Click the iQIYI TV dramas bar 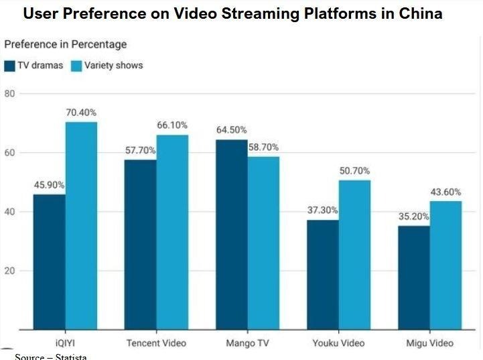49,261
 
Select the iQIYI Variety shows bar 81,225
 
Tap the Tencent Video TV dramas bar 140,244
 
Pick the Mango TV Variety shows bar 263,243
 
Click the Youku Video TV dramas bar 322,274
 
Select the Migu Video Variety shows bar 445,265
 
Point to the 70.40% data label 81,113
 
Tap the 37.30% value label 322,211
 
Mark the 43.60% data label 445,192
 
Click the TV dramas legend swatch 9,66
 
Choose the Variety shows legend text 113,66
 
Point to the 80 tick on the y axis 9,93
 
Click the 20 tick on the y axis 9,271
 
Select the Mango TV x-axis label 247,343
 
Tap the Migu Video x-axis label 429,343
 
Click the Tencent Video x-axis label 156,343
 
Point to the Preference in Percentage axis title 66,45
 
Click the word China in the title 419,13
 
